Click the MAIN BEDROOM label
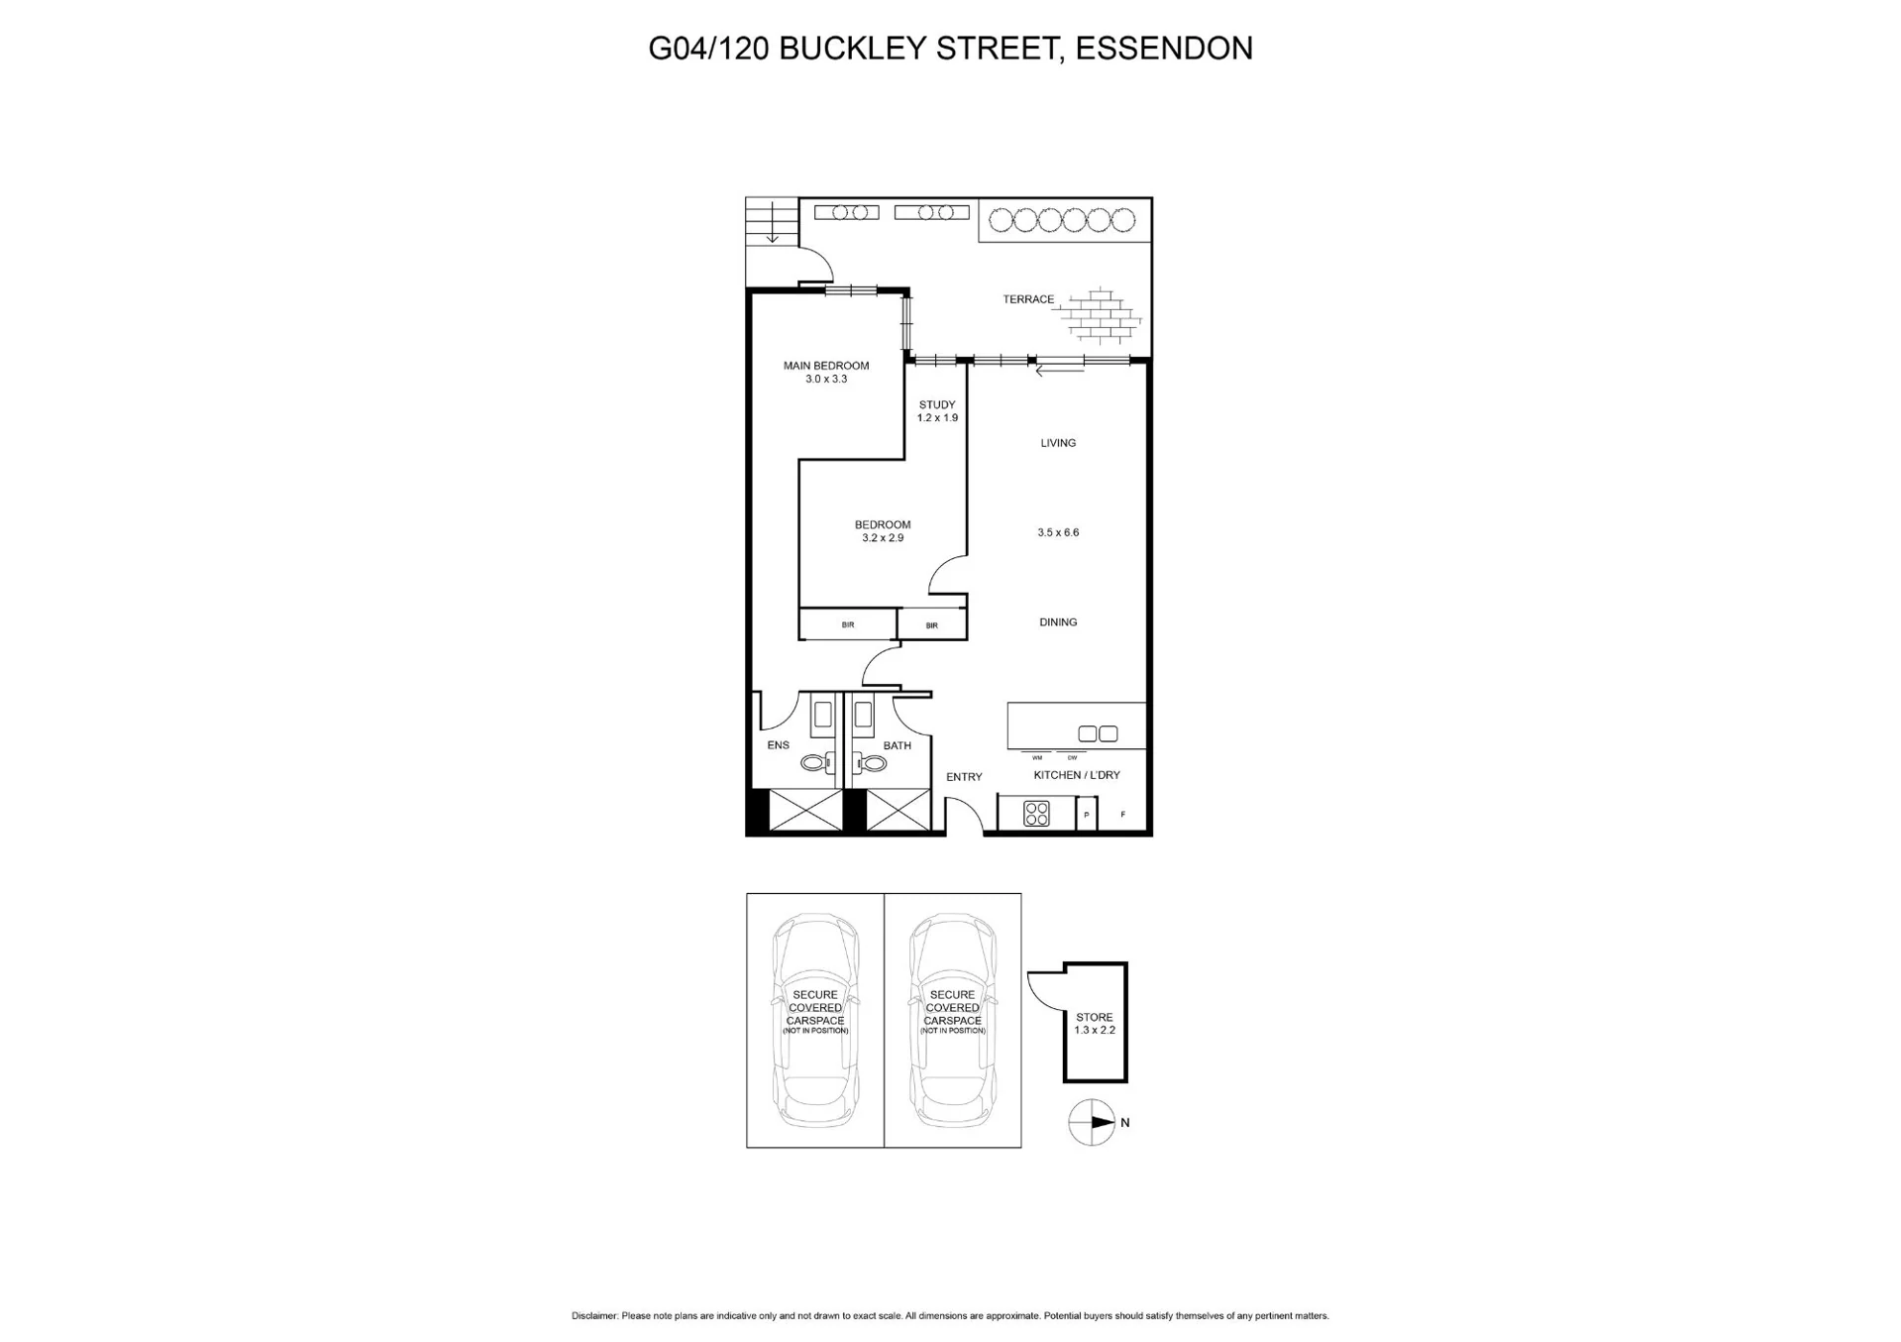coord(826,366)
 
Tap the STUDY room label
coord(937,404)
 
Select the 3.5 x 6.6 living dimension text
coord(1058,532)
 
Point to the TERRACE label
coord(1028,299)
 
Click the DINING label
coord(1058,622)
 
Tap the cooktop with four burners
coord(1036,814)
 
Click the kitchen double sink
coord(1098,734)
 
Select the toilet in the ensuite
coord(818,763)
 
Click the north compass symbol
coord(1093,1123)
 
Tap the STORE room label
coord(1095,1017)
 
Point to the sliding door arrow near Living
coord(1059,372)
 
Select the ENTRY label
coord(964,777)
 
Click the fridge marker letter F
coord(1123,815)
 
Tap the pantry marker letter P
coord(1087,815)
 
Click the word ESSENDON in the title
coord(1164,48)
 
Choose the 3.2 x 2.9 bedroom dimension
coord(883,538)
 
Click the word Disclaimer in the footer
coord(594,1316)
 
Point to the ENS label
coord(779,745)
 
